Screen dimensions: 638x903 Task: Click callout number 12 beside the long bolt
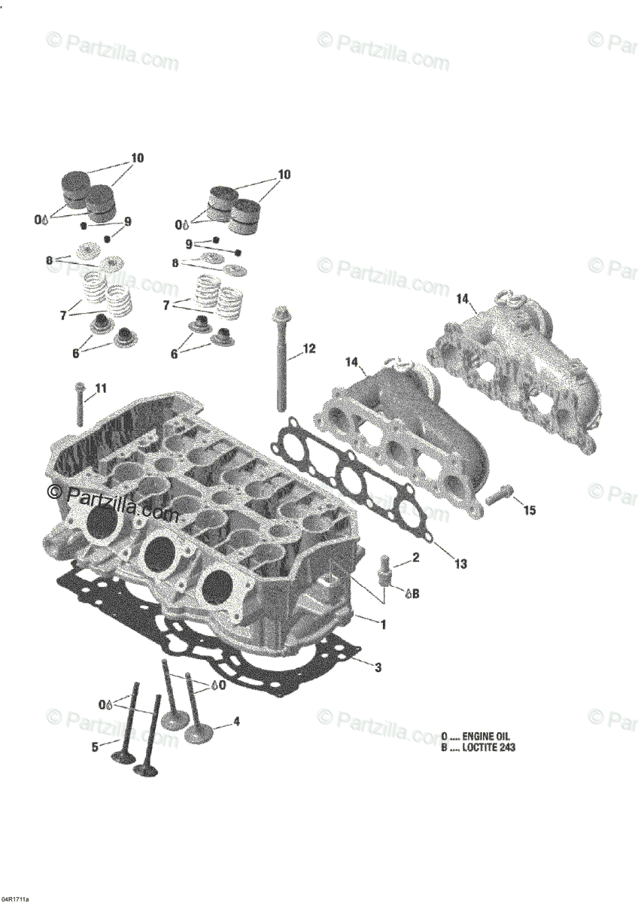(x=309, y=348)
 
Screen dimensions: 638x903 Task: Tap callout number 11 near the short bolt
(x=101, y=388)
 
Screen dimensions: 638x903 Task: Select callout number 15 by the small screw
(x=529, y=510)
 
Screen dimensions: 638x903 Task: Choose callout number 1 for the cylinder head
(x=383, y=625)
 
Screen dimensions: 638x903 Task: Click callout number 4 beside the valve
(x=236, y=721)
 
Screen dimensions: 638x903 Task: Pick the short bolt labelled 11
(x=80, y=403)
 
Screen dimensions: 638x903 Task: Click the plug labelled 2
(x=383, y=569)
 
